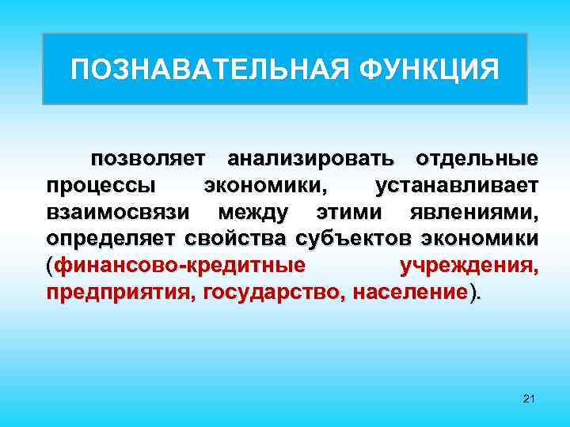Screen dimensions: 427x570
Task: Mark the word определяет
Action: coord(112,240)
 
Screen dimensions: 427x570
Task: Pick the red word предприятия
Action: coord(121,294)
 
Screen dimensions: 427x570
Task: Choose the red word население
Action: coord(411,294)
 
